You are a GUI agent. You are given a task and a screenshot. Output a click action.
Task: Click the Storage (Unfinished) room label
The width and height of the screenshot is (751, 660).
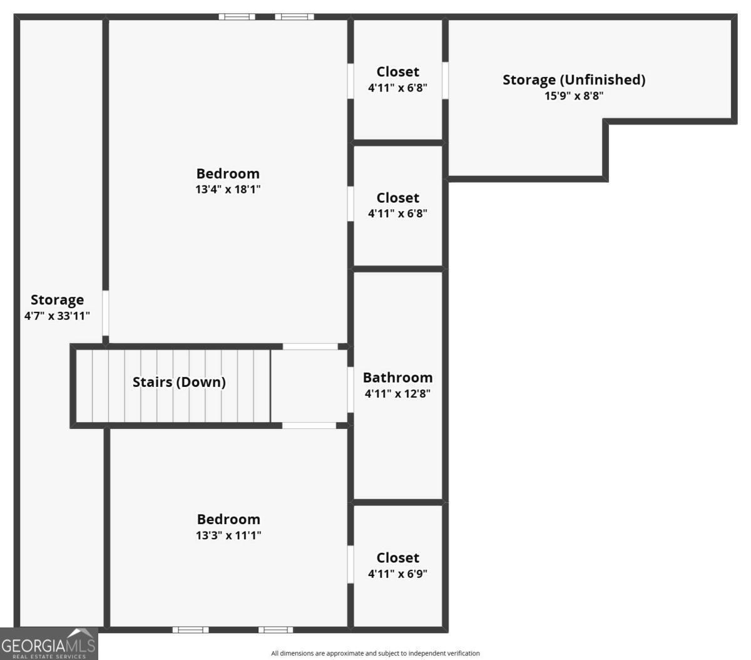[574, 80]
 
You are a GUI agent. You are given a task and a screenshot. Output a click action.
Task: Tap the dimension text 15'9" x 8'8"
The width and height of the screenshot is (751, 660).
[574, 96]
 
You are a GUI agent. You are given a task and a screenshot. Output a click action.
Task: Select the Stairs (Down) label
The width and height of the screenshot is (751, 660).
[179, 382]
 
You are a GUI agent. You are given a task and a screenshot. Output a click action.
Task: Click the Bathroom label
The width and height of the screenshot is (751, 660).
[397, 378]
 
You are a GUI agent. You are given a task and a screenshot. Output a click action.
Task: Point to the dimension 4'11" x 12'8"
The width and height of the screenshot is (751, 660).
[397, 394]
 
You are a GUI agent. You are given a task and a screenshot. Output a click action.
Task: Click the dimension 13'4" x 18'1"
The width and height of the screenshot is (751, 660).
[228, 189]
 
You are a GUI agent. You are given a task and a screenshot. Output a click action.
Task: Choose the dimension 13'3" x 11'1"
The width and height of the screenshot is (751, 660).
[228, 535]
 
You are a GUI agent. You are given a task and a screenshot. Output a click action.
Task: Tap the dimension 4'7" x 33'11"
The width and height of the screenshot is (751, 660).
[57, 316]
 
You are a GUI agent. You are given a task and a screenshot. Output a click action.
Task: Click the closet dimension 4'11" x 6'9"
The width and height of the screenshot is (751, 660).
[397, 574]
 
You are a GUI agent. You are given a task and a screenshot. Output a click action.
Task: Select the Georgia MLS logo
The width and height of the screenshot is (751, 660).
[49, 644]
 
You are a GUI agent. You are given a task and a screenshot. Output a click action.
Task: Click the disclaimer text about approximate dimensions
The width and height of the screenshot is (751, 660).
[375, 653]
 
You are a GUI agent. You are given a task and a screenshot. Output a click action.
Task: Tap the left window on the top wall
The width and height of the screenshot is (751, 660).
[237, 17]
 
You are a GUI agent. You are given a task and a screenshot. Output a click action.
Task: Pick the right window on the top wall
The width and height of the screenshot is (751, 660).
[294, 17]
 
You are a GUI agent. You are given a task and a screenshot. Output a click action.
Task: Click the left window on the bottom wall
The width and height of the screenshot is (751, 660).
[190, 629]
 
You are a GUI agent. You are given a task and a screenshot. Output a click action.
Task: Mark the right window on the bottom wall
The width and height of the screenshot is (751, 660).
[275, 629]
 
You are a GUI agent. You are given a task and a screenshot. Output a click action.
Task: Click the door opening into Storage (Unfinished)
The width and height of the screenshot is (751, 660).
[445, 80]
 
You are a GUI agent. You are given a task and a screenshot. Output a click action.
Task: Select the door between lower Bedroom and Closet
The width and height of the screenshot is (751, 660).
[350, 564]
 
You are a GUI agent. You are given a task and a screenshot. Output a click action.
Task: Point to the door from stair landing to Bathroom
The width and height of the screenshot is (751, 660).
[350, 389]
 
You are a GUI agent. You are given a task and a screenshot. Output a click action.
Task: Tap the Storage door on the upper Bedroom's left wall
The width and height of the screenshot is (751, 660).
[106, 312]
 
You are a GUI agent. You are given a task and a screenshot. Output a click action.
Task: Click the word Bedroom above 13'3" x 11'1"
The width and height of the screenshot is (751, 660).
[228, 519]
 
